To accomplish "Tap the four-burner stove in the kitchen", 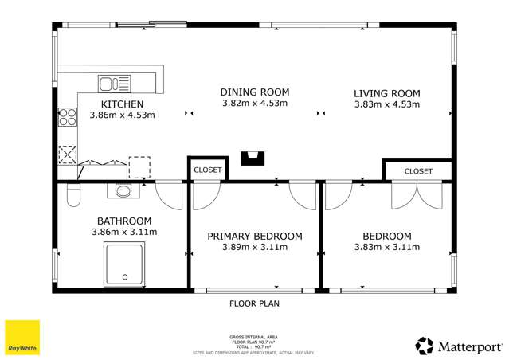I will coord(67,118).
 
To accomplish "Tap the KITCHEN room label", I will coord(122,104).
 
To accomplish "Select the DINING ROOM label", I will coord(254,92).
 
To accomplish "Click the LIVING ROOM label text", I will coord(386,93).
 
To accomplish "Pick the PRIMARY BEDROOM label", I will coord(255,236).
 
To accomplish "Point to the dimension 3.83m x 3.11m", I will coord(386,247).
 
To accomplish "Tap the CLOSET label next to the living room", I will coord(418,171).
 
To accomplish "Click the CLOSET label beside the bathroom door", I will coord(208,170).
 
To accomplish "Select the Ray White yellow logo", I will coord(22,338).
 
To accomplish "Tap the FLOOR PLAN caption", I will coord(254,303).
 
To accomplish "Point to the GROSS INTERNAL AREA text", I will coord(254,338).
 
